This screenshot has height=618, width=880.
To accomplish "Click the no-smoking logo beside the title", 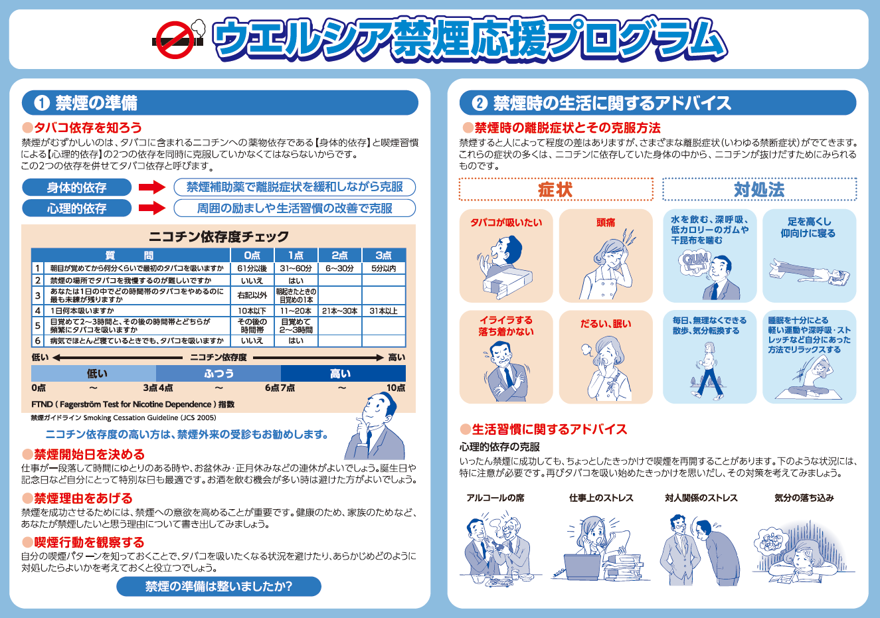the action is point(179,39).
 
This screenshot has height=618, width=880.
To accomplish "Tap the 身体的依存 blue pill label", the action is point(76,187).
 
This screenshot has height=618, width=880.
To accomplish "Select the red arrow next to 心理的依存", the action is point(152,208).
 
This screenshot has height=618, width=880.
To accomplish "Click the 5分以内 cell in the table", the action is point(383,268).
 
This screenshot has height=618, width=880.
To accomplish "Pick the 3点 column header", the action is point(383,255).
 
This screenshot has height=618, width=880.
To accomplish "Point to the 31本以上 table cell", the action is point(383,311).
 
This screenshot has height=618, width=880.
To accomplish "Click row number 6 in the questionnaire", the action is point(38,341).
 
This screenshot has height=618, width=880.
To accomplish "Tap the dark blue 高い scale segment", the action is point(343,373).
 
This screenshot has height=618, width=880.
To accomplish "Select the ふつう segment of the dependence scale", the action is point(219,373).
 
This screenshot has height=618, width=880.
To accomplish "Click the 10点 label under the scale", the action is point(396,388).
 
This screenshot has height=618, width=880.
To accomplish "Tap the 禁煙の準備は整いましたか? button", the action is point(219,586).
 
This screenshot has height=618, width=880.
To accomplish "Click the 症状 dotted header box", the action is point(556,189).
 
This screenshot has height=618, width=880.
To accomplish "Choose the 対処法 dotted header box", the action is point(759,189).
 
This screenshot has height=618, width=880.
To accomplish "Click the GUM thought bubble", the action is point(695,262).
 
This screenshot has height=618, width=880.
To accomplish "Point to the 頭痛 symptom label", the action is point(606,222).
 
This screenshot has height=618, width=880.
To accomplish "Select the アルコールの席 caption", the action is point(495,498).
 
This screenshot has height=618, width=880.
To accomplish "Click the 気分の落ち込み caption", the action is point(804,498).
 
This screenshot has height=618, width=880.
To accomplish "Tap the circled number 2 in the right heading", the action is point(480,103).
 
